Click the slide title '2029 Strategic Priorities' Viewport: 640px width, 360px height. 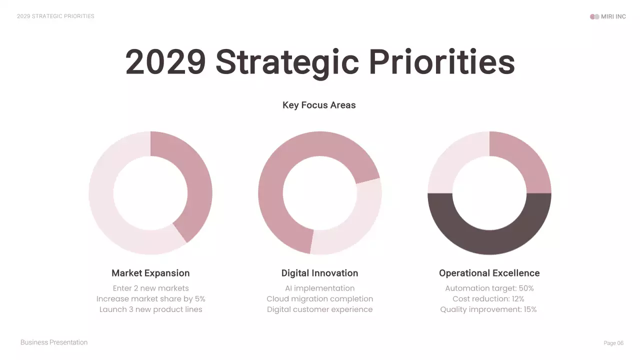(x=320, y=62)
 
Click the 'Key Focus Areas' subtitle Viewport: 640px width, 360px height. (x=319, y=105)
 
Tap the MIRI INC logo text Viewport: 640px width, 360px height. (x=613, y=16)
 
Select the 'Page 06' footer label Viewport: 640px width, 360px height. (x=613, y=343)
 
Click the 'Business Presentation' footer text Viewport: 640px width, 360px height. (x=54, y=342)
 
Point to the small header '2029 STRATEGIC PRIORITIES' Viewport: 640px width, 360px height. (x=55, y=16)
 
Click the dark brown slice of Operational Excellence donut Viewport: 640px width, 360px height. (x=489, y=242)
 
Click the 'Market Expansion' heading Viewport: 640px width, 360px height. (x=150, y=273)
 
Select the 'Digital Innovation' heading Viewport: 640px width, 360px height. (x=319, y=273)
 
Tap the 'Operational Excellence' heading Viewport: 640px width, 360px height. (x=489, y=273)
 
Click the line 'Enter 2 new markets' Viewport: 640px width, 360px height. (x=150, y=288)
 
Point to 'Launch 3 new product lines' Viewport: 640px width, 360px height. (x=150, y=309)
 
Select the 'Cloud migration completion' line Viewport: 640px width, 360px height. (x=319, y=299)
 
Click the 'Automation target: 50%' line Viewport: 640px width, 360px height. (x=489, y=288)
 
